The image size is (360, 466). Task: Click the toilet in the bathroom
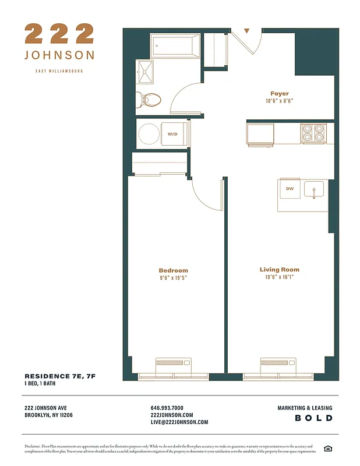click(150, 100)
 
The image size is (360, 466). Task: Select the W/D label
click(173, 134)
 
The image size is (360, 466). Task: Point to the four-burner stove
click(313, 134)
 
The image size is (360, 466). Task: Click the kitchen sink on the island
click(315, 190)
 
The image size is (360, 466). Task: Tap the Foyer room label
click(279, 94)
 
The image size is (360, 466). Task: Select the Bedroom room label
click(173, 270)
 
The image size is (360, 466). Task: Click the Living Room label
click(279, 270)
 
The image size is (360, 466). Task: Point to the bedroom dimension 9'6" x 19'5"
click(173, 278)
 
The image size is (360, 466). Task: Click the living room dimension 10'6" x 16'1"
click(279, 277)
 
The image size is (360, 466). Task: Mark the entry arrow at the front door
click(246, 31)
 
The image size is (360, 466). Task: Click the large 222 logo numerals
click(59, 34)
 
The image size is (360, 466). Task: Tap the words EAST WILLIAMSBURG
click(59, 71)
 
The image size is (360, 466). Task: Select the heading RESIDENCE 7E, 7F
click(59, 376)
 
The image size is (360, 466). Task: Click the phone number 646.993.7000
click(167, 408)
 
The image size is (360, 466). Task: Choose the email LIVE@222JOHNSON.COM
click(179, 422)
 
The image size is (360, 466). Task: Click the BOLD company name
click(313, 418)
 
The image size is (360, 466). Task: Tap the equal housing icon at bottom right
click(327, 448)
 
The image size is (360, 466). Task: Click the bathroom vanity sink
click(145, 72)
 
